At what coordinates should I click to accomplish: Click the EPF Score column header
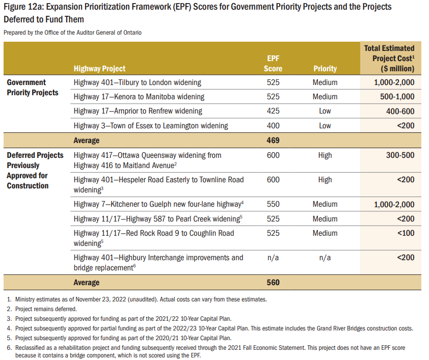[x=273, y=64]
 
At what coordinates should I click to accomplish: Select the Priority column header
[x=325, y=68]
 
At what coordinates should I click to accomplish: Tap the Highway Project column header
[x=99, y=68]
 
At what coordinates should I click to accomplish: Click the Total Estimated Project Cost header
[x=390, y=58]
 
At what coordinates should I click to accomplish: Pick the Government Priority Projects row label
[x=33, y=88]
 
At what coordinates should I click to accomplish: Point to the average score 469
[x=273, y=140]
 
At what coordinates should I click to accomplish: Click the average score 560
[x=273, y=282]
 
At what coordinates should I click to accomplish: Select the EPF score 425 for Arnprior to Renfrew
[x=273, y=111]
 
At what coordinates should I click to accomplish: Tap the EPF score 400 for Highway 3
[x=273, y=125]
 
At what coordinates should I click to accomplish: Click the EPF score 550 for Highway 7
[x=273, y=204]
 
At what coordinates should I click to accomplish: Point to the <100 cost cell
[x=406, y=233]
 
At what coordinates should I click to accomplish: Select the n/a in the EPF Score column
[x=273, y=258]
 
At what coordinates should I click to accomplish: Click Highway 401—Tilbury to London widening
[x=138, y=82]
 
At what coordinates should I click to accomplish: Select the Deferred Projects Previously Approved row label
[x=35, y=171]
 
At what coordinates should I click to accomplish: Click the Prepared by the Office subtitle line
[x=72, y=33]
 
